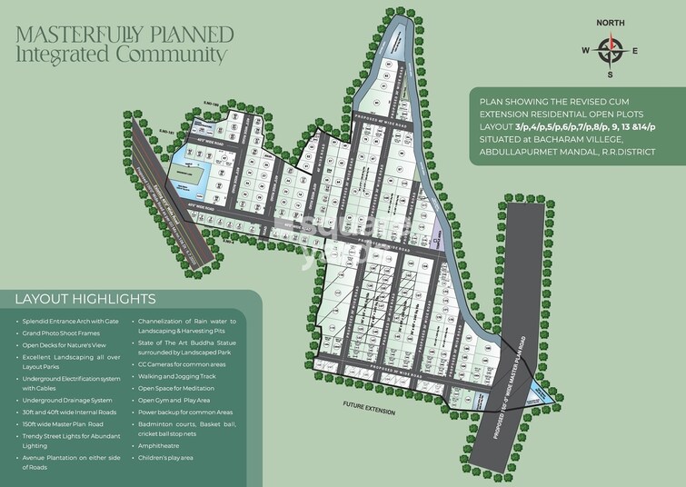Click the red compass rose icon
tap(611, 50)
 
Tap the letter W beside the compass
tap(586, 50)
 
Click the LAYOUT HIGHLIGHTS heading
tap(85, 299)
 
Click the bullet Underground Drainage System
tap(67, 401)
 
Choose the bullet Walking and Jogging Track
tap(176, 376)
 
